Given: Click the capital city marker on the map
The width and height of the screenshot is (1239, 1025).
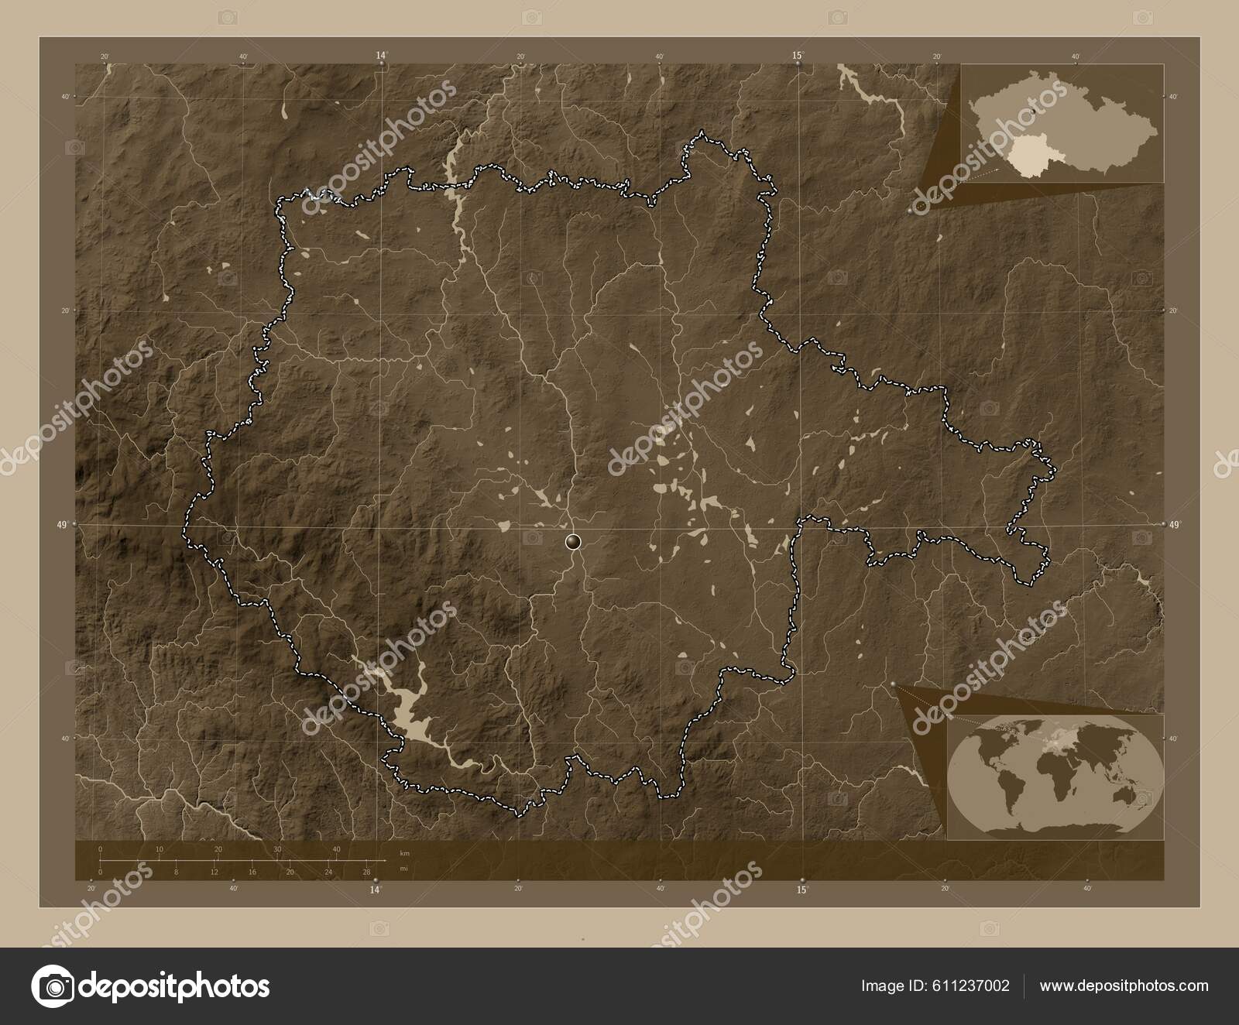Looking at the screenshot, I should coord(573,541).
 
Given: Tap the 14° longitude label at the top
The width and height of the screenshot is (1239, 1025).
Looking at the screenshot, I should coord(381,56).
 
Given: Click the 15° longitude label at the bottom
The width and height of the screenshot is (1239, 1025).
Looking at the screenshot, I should coord(802,890).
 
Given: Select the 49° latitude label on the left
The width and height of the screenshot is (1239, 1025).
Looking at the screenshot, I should coord(62,524).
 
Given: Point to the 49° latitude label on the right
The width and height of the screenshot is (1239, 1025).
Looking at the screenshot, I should coord(1176,525).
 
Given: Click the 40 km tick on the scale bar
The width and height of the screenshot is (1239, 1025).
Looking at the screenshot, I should coord(336,850).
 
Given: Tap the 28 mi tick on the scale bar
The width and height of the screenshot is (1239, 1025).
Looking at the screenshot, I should coord(366,872).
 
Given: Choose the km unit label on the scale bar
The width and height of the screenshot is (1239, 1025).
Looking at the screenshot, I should coord(403,853).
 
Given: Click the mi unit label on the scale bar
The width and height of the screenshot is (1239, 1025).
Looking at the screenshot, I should coord(403,869).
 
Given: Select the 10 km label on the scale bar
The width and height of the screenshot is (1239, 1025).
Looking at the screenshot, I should coord(159,850).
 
